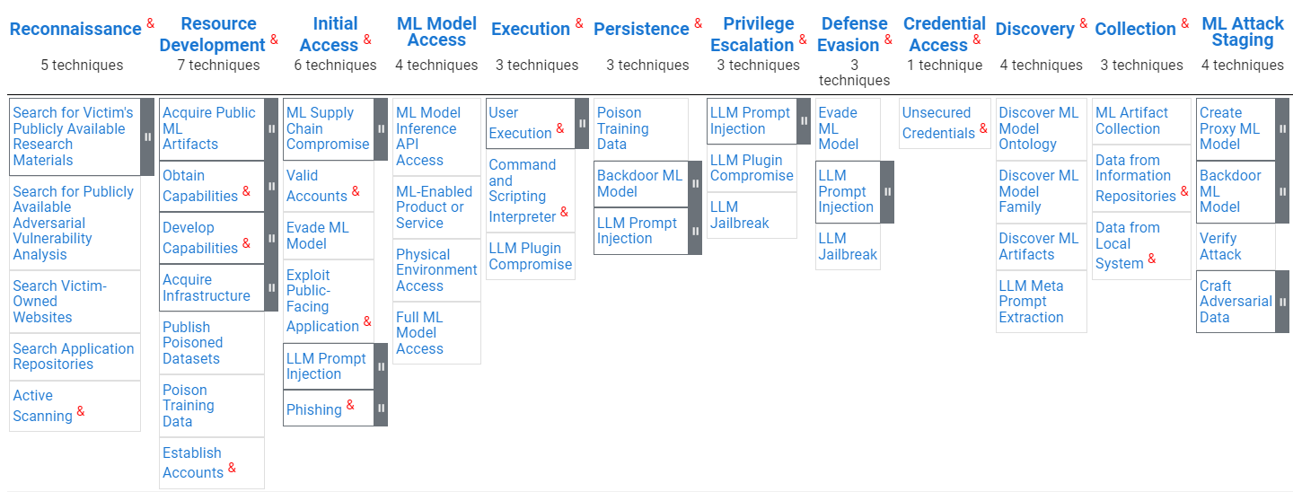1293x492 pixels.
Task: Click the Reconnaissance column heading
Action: click(x=75, y=29)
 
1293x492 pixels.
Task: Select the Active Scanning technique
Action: click(x=43, y=406)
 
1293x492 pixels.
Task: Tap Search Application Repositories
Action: click(x=74, y=356)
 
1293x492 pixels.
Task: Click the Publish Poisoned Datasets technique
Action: click(x=192, y=342)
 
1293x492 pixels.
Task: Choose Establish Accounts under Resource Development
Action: click(x=193, y=462)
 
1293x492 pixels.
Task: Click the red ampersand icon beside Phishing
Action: click(x=350, y=405)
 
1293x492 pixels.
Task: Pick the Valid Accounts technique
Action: click(x=316, y=185)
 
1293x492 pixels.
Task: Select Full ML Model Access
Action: click(x=419, y=332)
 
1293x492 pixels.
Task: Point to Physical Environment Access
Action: click(x=436, y=269)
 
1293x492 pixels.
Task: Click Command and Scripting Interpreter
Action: click(x=523, y=190)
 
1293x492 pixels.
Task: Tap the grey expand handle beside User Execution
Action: click(x=582, y=123)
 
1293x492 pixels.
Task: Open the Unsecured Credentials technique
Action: click(x=938, y=123)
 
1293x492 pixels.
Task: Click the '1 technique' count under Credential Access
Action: click(x=945, y=66)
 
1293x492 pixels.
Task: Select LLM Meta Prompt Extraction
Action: click(x=1031, y=301)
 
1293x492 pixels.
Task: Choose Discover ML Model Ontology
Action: click(x=1038, y=128)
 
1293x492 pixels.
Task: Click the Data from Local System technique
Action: click(x=1128, y=245)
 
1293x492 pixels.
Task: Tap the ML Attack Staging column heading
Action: click(x=1243, y=31)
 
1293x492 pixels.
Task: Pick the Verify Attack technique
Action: click(x=1220, y=246)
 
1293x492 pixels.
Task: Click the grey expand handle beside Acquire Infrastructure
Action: click(x=271, y=287)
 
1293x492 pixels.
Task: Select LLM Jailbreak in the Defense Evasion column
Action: click(x=848, y=246)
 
